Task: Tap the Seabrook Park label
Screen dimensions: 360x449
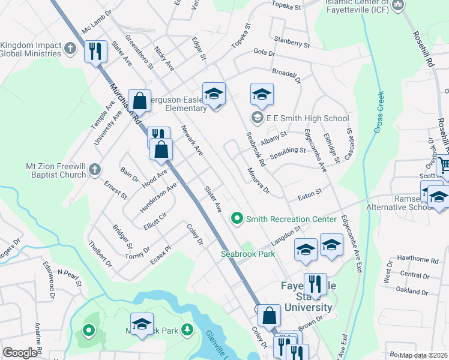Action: click(x=247, y=254)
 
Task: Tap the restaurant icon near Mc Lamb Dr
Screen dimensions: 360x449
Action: click(x=96, y=52)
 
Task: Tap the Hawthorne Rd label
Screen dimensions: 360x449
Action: click(x=418, y=260)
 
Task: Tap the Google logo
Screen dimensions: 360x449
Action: click(x=20, y=353)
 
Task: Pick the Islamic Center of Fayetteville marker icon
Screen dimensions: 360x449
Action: click(x=397, y=6)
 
